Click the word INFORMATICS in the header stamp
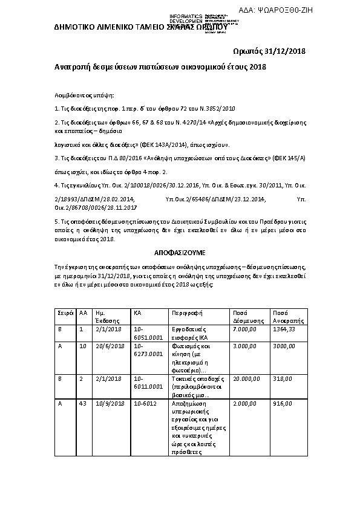pyautogui.click(x=185, y=15)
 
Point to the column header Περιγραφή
pyautogui.click(x=186, y=314)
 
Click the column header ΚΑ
pyautogui.click(x=137, y=314)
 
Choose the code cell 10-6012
pyautogui.click(x=146, y=403)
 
